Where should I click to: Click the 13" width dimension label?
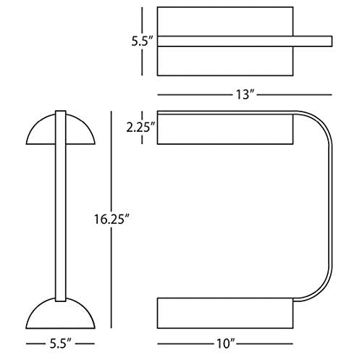pyautogui.click(x=245, y=94)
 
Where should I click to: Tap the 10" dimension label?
pyautogui.click(x=225, y=343)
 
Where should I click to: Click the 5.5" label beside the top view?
pyautogui.click(x=143, y=41)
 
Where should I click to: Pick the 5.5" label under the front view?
pyautogui.click(x=60, y=343)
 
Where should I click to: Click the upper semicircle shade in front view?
pyautogui.click(x=60, y=129)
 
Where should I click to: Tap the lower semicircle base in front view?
pyautogui.click(x=60, y=313)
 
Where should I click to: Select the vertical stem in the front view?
pyautogui.click(x=60, y=206)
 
